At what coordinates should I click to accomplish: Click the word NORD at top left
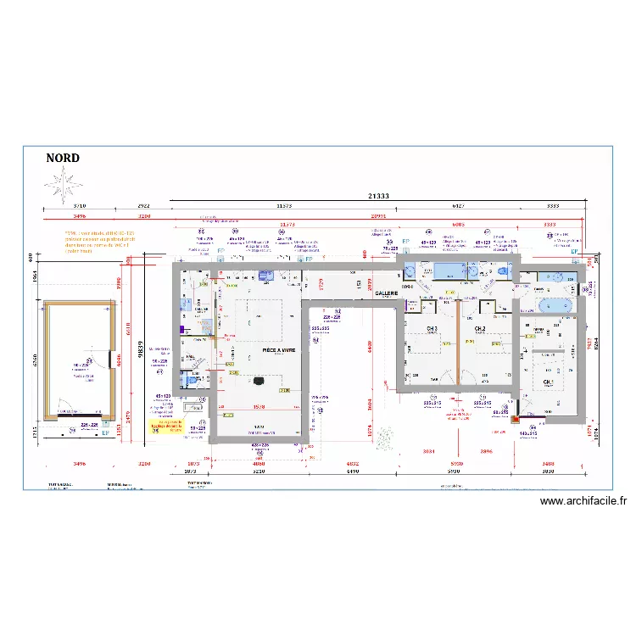[x=64, y=159]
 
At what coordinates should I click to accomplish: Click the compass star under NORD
[x=63, y=184]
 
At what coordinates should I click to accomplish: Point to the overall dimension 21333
[x=378, y=196]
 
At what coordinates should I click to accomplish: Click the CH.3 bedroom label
[x=432, y=329]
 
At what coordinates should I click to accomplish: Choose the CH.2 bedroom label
[x=479, y=329]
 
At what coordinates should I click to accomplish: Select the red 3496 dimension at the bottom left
[x=80, y=464]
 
